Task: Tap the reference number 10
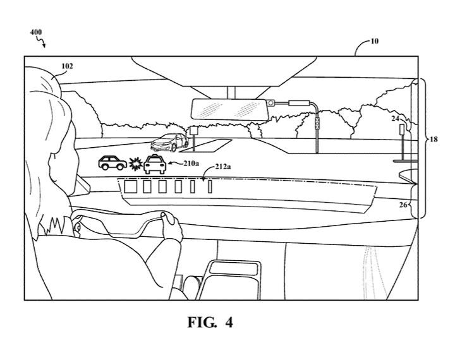(375, 41)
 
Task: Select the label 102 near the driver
(67, 65)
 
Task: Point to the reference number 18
(434, 139)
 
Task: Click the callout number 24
(395, 117)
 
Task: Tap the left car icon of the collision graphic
(112, 163)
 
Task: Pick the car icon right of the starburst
(155, 164)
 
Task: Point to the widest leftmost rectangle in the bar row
(131, 186)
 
